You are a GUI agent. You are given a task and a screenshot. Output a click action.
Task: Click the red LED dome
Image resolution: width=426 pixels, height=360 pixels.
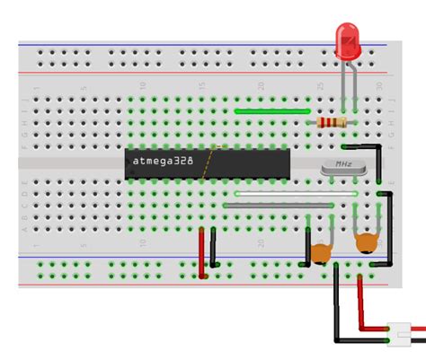point(347,40)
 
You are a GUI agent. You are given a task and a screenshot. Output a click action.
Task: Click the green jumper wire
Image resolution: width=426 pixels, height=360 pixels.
point(270,111)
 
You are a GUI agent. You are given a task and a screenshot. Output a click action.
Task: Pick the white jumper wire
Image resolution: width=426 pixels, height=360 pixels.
point(297,193)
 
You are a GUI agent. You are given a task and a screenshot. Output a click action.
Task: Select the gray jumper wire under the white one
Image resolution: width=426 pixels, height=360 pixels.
point(279,205)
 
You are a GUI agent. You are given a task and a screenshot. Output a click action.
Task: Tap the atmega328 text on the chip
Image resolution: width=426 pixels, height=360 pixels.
point(162,162)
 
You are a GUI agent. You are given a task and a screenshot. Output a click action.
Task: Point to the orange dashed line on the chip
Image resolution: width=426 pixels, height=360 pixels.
point(209,162)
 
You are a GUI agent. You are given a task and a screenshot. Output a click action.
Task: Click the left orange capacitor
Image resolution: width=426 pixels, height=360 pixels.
point(320,254)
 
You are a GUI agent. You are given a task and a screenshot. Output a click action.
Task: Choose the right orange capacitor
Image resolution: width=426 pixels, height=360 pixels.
point(366,242)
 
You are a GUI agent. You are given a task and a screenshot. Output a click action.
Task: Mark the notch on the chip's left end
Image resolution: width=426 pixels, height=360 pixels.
point(128,162)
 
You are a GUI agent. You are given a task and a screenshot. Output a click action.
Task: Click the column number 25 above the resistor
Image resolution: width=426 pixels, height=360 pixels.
point(319,86)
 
